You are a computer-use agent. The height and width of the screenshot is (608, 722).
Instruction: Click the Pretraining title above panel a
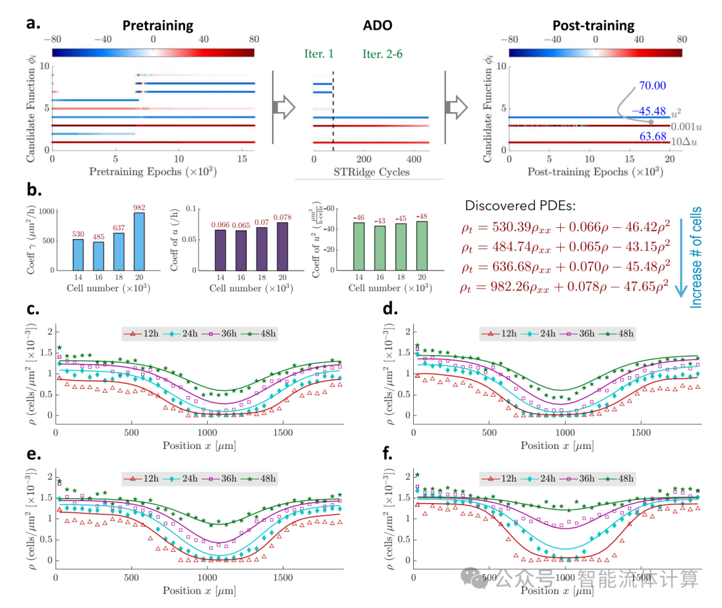158,26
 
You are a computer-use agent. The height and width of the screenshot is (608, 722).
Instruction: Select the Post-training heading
593,26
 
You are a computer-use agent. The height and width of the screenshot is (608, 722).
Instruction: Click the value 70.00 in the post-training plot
653,86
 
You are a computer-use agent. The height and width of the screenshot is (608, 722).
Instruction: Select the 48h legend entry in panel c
260,333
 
